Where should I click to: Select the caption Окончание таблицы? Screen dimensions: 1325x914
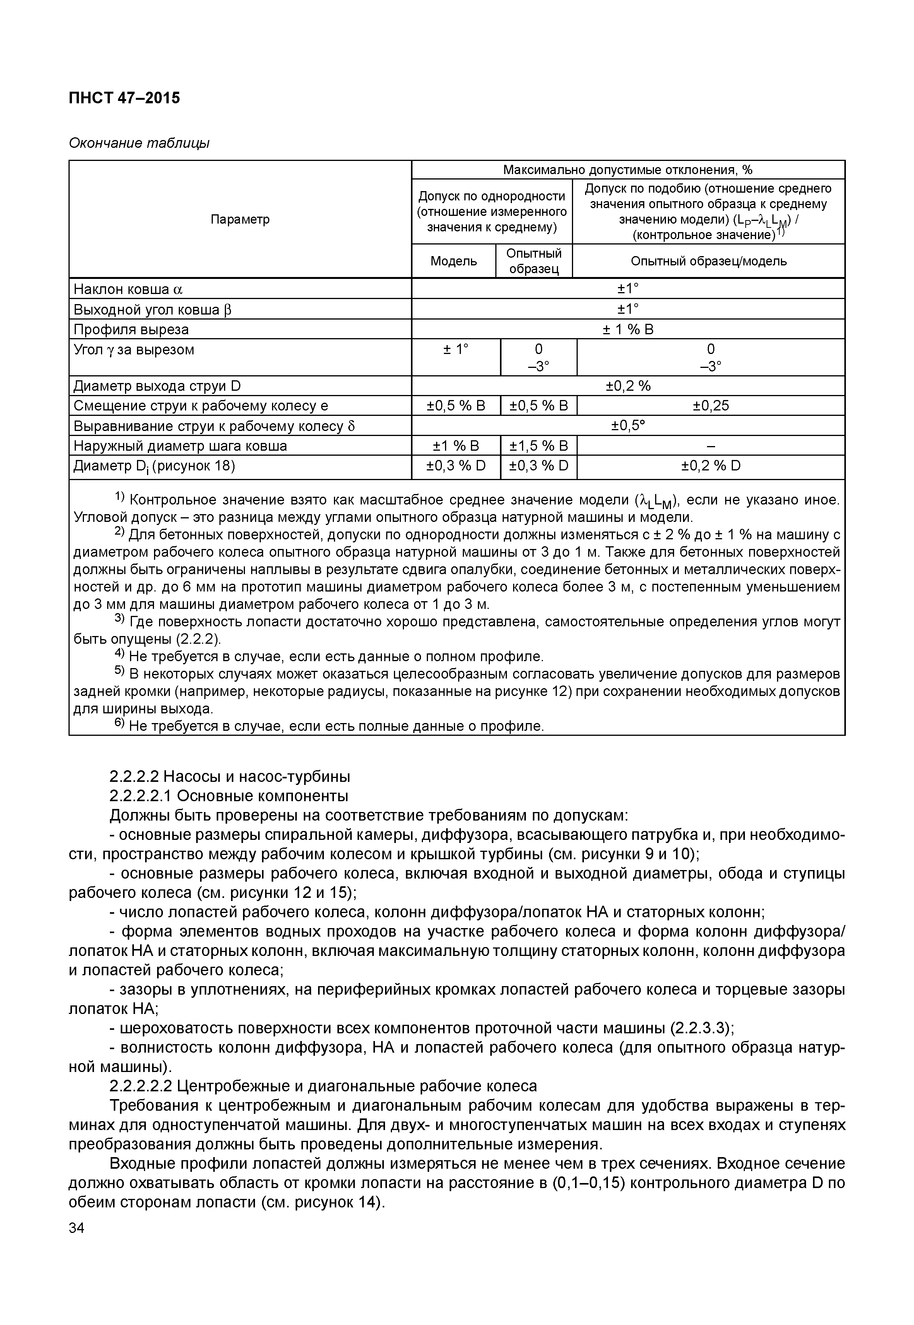tap(139, 143)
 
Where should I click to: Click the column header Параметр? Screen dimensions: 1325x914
tap(240, 220)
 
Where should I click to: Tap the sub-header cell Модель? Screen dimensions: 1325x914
tap(454, 262)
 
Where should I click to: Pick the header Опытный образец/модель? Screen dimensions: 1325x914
tap(709, 262)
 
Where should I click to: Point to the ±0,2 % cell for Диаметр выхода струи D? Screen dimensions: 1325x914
tap(628, 386)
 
